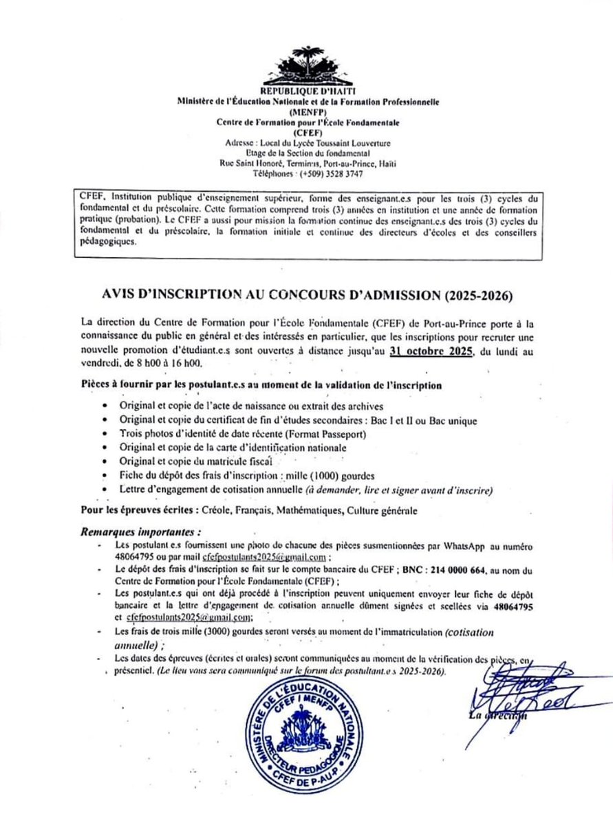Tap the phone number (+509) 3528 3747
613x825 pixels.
pos(328,174)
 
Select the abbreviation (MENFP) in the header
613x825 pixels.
pos(307,112)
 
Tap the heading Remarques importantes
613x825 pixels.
pos(142,531)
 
